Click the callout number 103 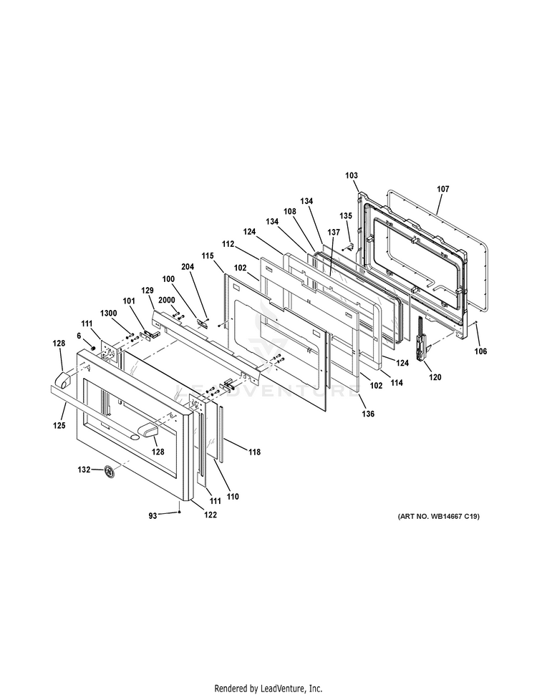[x=351, y=175]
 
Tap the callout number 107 [x=442, y=189]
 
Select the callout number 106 [x=480, y=351]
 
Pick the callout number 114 [x=396, y=383]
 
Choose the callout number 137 [x=334, y=233]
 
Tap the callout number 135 [x=346, y=215]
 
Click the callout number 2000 [x=167, y=301]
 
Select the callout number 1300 [x=109, y=313]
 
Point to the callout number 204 [x=188, y=266]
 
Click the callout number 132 [x=84, y=470]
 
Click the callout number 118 [x=254, y=452]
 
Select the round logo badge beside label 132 [x=109, y=471]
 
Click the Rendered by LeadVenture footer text [x=268, y=688]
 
